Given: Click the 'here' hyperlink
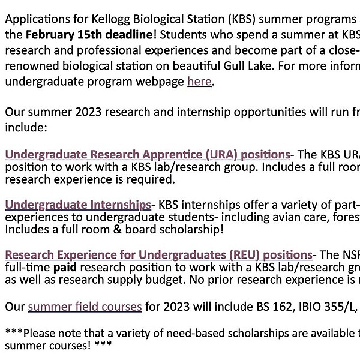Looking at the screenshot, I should (x=199, y=81).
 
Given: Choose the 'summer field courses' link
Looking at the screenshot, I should (x=85, y=307).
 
